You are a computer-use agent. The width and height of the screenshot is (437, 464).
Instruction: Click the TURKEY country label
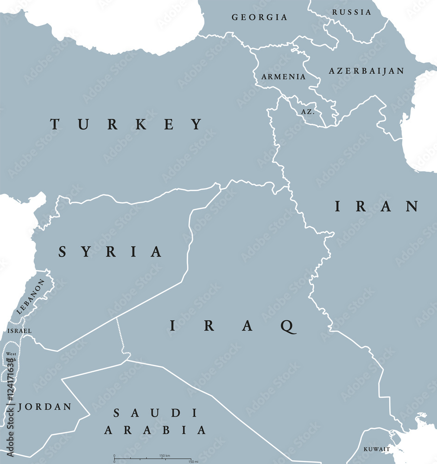click(x=127, y=124)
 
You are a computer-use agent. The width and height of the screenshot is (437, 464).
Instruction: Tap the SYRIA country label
click(x=110, y=252)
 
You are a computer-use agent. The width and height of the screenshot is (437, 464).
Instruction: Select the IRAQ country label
click(x=232, y=326)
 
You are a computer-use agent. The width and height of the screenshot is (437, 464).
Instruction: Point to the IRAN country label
click(x=377, y=206)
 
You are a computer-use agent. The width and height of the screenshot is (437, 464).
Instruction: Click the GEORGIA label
click(x=260, y=17)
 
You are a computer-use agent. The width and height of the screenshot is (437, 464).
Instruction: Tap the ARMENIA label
click(x=284, y=77)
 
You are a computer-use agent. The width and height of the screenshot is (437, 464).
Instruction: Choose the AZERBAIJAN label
click(x=366, y=71)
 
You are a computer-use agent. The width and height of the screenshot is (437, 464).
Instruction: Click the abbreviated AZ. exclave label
click(x=308, y=112)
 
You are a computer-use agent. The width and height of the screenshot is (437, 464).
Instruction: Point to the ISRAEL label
click(x=19, y=331)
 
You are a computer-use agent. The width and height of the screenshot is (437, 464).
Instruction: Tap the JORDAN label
click(x=45, y=407)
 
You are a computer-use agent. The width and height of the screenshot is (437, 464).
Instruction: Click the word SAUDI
click(x=156, y=412)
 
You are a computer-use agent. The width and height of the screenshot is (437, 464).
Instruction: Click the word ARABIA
click(x=155, y=430)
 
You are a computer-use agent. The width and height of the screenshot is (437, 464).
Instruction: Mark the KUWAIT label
click(x=376, y=449)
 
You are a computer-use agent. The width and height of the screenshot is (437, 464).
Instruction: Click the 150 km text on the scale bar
click(x=165, y=455)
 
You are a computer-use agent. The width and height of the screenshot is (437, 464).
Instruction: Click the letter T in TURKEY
click(x=55, y=124)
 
